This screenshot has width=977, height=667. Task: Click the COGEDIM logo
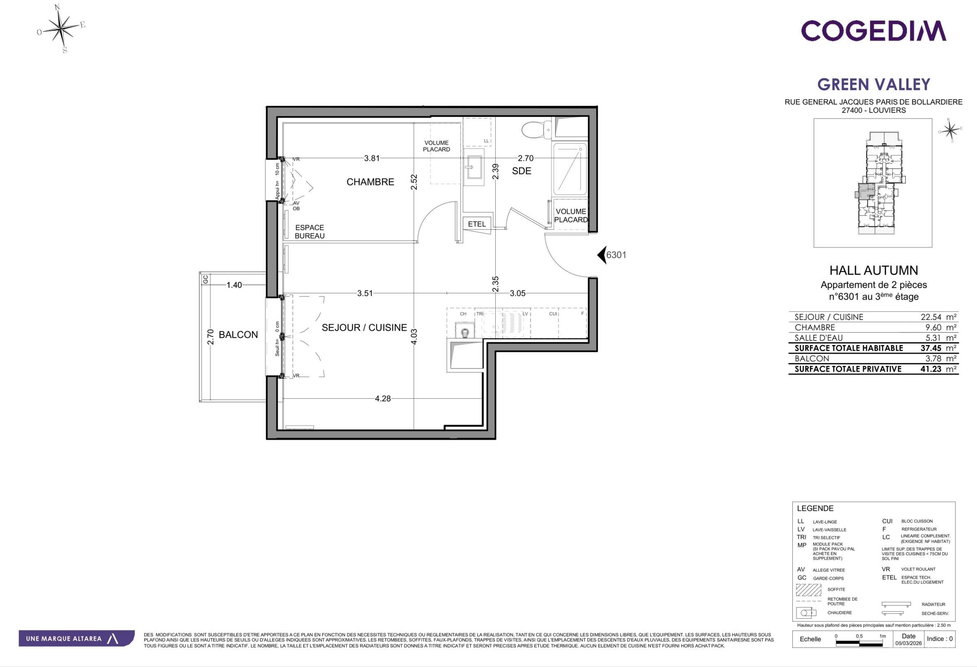[874, 31]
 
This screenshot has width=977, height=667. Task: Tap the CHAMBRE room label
[370, 182]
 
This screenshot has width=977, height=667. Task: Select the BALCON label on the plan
[238, 334]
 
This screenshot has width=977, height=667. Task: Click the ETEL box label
[477, 224]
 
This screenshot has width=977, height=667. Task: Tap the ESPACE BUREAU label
[309, 232]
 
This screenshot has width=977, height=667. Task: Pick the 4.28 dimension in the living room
[383, 398]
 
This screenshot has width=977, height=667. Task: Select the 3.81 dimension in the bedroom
[372, 158]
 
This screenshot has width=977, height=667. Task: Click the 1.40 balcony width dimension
[234, 285]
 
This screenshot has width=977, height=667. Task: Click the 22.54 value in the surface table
[931, 317]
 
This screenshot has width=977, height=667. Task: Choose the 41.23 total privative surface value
[931, 369]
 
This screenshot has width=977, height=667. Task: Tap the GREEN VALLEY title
[874, 85]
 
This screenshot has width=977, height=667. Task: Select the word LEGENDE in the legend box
[815, 508]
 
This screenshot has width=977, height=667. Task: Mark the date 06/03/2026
[909, 643]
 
